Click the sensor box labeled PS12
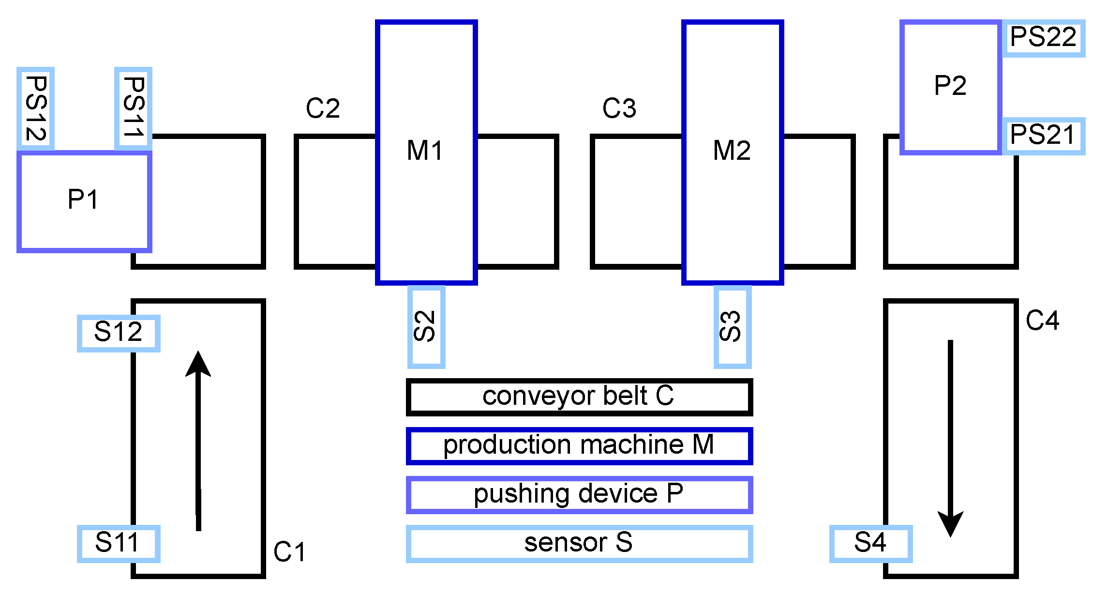pos(35,108)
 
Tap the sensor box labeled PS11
pos(134,108)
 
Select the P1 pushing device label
pos(83,199)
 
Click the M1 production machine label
pos(425,151)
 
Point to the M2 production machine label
pos(732,151)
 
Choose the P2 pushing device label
pos(950,86)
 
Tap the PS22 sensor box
pos(1043,38)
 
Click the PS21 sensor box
pos(1043,135)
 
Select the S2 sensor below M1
pos(426,327)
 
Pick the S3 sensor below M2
pos(732,327)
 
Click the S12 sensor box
pos(119,333)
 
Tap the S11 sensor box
pos(119,543)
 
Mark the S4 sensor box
pos(870,543)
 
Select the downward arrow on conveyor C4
pos(950,438)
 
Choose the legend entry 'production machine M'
pos(579,445)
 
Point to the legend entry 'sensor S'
pos(579,543)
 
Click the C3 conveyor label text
pos(619,108)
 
